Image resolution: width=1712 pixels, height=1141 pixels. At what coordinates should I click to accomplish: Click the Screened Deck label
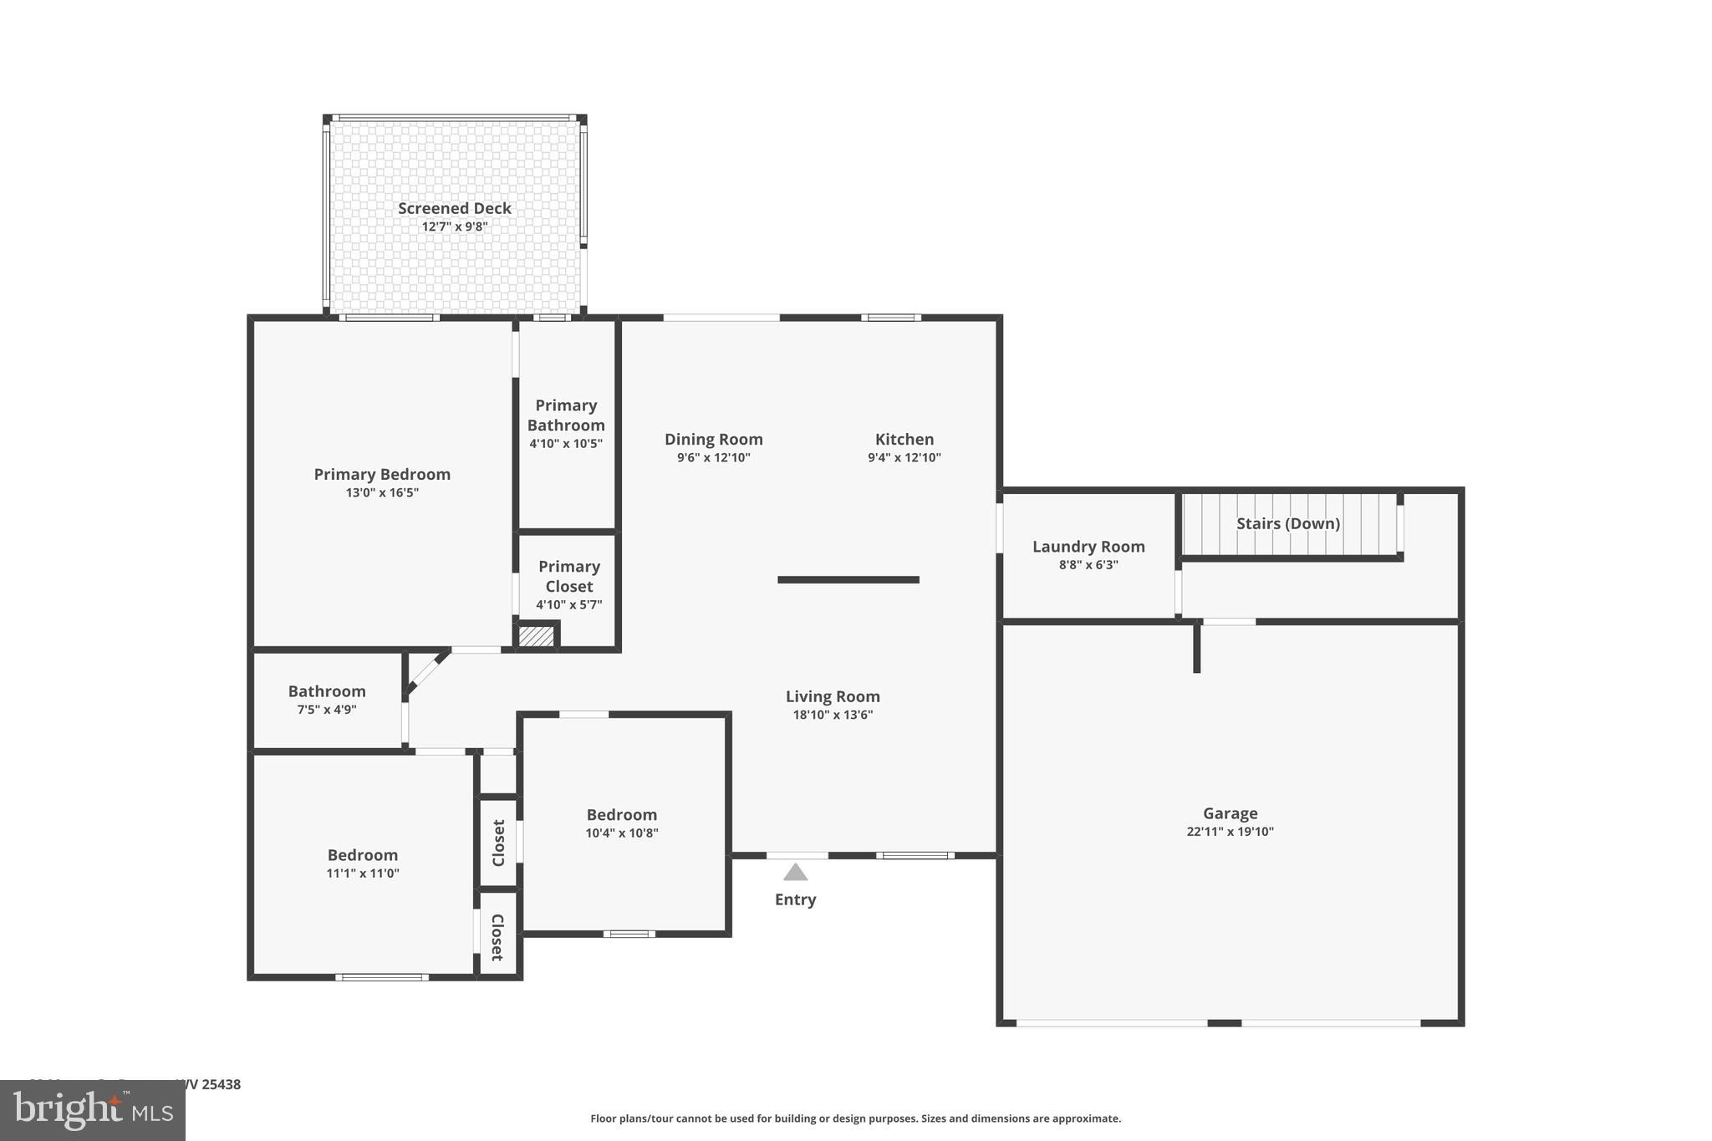coord(454,208)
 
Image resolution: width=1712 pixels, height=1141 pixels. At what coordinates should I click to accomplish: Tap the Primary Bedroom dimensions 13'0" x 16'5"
coord(382,493)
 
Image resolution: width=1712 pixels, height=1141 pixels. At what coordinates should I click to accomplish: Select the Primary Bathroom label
coord(566,415)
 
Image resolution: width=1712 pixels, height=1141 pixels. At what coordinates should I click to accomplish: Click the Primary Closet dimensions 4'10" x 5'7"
coord(568,604)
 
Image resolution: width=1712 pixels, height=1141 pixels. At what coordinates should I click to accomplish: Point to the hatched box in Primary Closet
coord(536,636)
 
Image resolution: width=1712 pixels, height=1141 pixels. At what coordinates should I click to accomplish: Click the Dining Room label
coord(713,439)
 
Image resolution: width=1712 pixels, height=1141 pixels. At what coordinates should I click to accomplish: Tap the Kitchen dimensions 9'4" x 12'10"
coord(904,458)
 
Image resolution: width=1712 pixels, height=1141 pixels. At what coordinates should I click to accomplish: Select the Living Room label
coord(833,696)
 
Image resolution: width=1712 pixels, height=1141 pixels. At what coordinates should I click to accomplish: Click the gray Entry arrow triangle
coord(795,874)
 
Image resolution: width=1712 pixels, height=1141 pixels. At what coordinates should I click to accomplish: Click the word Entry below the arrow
coord(795,899)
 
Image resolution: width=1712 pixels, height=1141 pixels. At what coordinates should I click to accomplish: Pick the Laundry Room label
coord(1088,547)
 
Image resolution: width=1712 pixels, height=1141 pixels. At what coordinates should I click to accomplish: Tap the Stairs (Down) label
coord(1287,524)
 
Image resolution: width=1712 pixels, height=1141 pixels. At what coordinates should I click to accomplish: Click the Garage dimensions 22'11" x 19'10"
coord(1230,832)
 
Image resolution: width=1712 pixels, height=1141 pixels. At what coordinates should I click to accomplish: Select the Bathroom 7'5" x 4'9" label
coord(327,691)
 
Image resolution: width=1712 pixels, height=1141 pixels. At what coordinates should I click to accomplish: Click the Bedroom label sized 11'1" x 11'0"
coord(362,855)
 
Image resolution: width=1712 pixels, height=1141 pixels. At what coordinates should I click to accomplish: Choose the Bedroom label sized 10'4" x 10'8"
coord(621,815)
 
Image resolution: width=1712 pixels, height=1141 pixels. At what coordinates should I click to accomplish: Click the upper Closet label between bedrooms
coord(498,843)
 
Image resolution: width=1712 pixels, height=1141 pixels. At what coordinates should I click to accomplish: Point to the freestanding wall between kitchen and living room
coord(848,579)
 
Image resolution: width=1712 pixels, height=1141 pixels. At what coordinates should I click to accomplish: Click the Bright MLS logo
coord(92,1110)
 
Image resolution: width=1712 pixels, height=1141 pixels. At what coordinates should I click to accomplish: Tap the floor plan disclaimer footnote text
coord(855,1118)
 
